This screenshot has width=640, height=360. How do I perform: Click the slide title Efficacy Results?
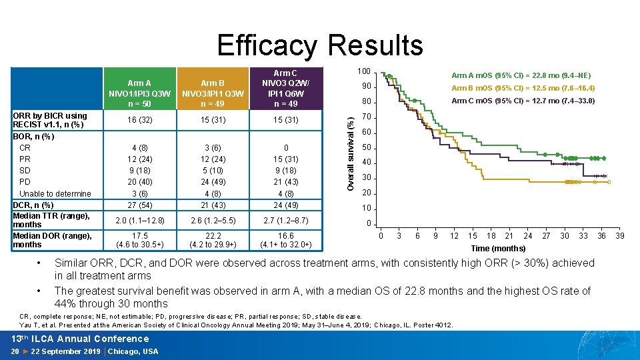(x=320, y=45)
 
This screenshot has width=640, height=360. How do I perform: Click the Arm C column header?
(x=286, y=88)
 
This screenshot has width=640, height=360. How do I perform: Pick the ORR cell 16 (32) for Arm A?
(x=139, y=120)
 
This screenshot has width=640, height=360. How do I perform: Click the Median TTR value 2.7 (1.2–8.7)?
(x=286, y=220)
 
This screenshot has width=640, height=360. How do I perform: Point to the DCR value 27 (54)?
(x=139, y=205)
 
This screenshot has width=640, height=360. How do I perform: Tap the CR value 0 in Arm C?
(x=286, y=147)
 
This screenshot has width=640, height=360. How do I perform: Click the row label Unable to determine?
(x=55, y=194)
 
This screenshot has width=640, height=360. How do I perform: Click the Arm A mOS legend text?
(x=521, y=75)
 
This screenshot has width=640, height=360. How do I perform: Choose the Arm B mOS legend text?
(x=523, y=88)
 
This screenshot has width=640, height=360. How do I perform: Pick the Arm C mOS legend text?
(x=523, y=101)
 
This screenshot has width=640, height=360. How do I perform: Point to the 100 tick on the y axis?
(x=363, y=71)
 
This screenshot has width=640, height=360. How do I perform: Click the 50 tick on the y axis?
(x=365, y=147)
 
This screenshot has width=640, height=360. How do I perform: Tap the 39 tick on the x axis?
(x=620, y=236)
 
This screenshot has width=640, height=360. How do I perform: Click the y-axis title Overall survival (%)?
(x=351, y=145)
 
